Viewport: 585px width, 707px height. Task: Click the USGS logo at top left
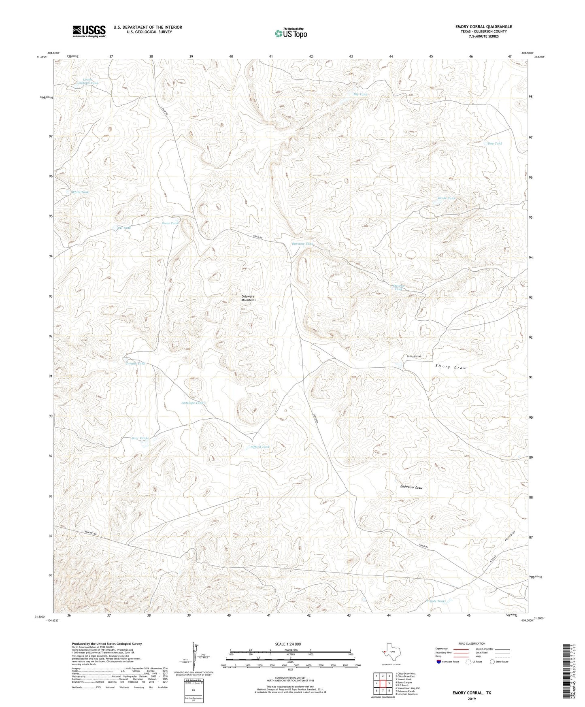pyautogui.click(x=89, y=31)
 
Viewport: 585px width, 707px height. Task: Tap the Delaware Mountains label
pyautogui.click(x=249, y=298)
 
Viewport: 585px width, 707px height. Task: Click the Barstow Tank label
pyautogui.click(x=302, y=244)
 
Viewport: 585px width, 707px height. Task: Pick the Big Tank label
pyautogui.click(x=360, y=94)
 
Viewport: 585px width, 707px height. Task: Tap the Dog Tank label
pyautogui.click(x=495, y=143)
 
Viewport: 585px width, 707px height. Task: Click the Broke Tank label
pyautogui.click(x=447, y=198)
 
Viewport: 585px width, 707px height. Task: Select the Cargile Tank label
pyautogui.click(x=135, y=363)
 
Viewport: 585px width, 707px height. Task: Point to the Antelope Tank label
pyautogui.click(x=192, y=403)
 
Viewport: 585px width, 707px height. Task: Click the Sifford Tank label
pyautogui.click(x=260, y=447)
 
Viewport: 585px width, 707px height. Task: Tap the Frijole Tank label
pyautogui.click(x=435, y=601)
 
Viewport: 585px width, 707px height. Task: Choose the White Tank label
pyautogui.click(x=80, y=192)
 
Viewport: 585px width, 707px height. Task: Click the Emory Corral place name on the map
pyautogui.click(x=414, y=356)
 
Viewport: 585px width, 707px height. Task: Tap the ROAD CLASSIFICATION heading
pyautogui.click(x=472, y=643)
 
